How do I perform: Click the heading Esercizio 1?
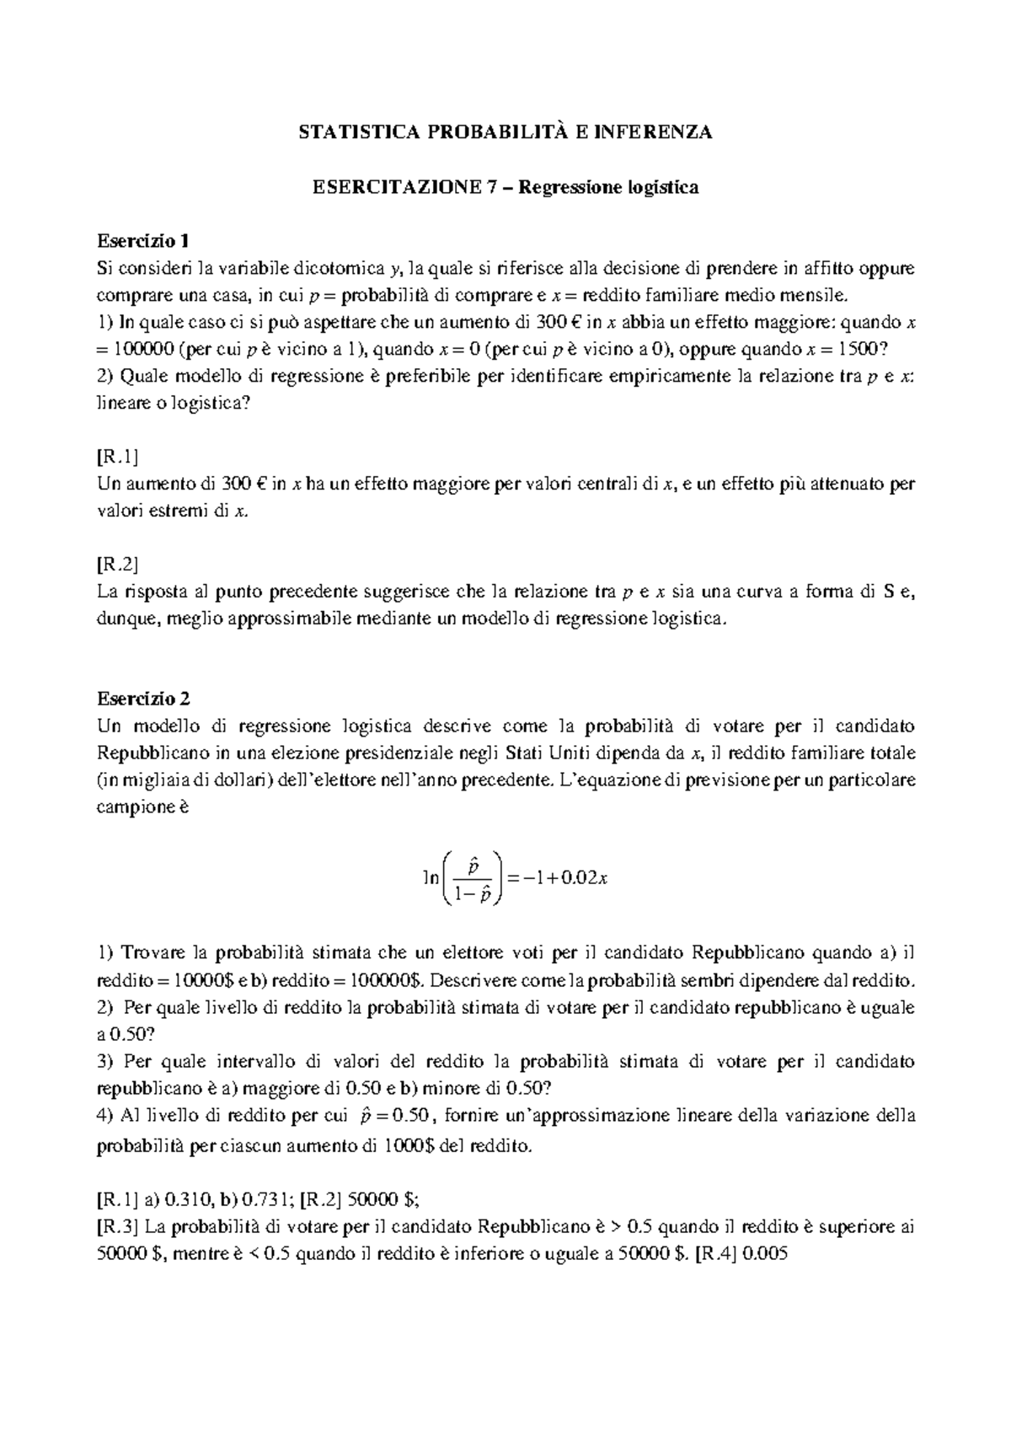tap(142, 241)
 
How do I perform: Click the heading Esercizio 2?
tap(143, 699)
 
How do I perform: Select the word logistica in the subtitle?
tap(663, 187)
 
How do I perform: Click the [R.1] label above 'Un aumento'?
tap(117, 457)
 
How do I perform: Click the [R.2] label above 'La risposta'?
tap(117, 565)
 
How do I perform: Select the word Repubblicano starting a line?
tap(148, 753)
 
